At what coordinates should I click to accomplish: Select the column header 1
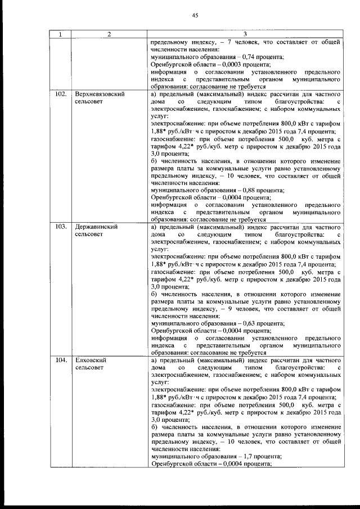(60, 34)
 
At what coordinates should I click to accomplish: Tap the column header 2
(109, 34)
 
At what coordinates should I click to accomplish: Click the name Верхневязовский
(99, 94)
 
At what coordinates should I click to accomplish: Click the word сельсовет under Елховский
(89, 367)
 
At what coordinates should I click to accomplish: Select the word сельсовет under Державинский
(89, 234)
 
